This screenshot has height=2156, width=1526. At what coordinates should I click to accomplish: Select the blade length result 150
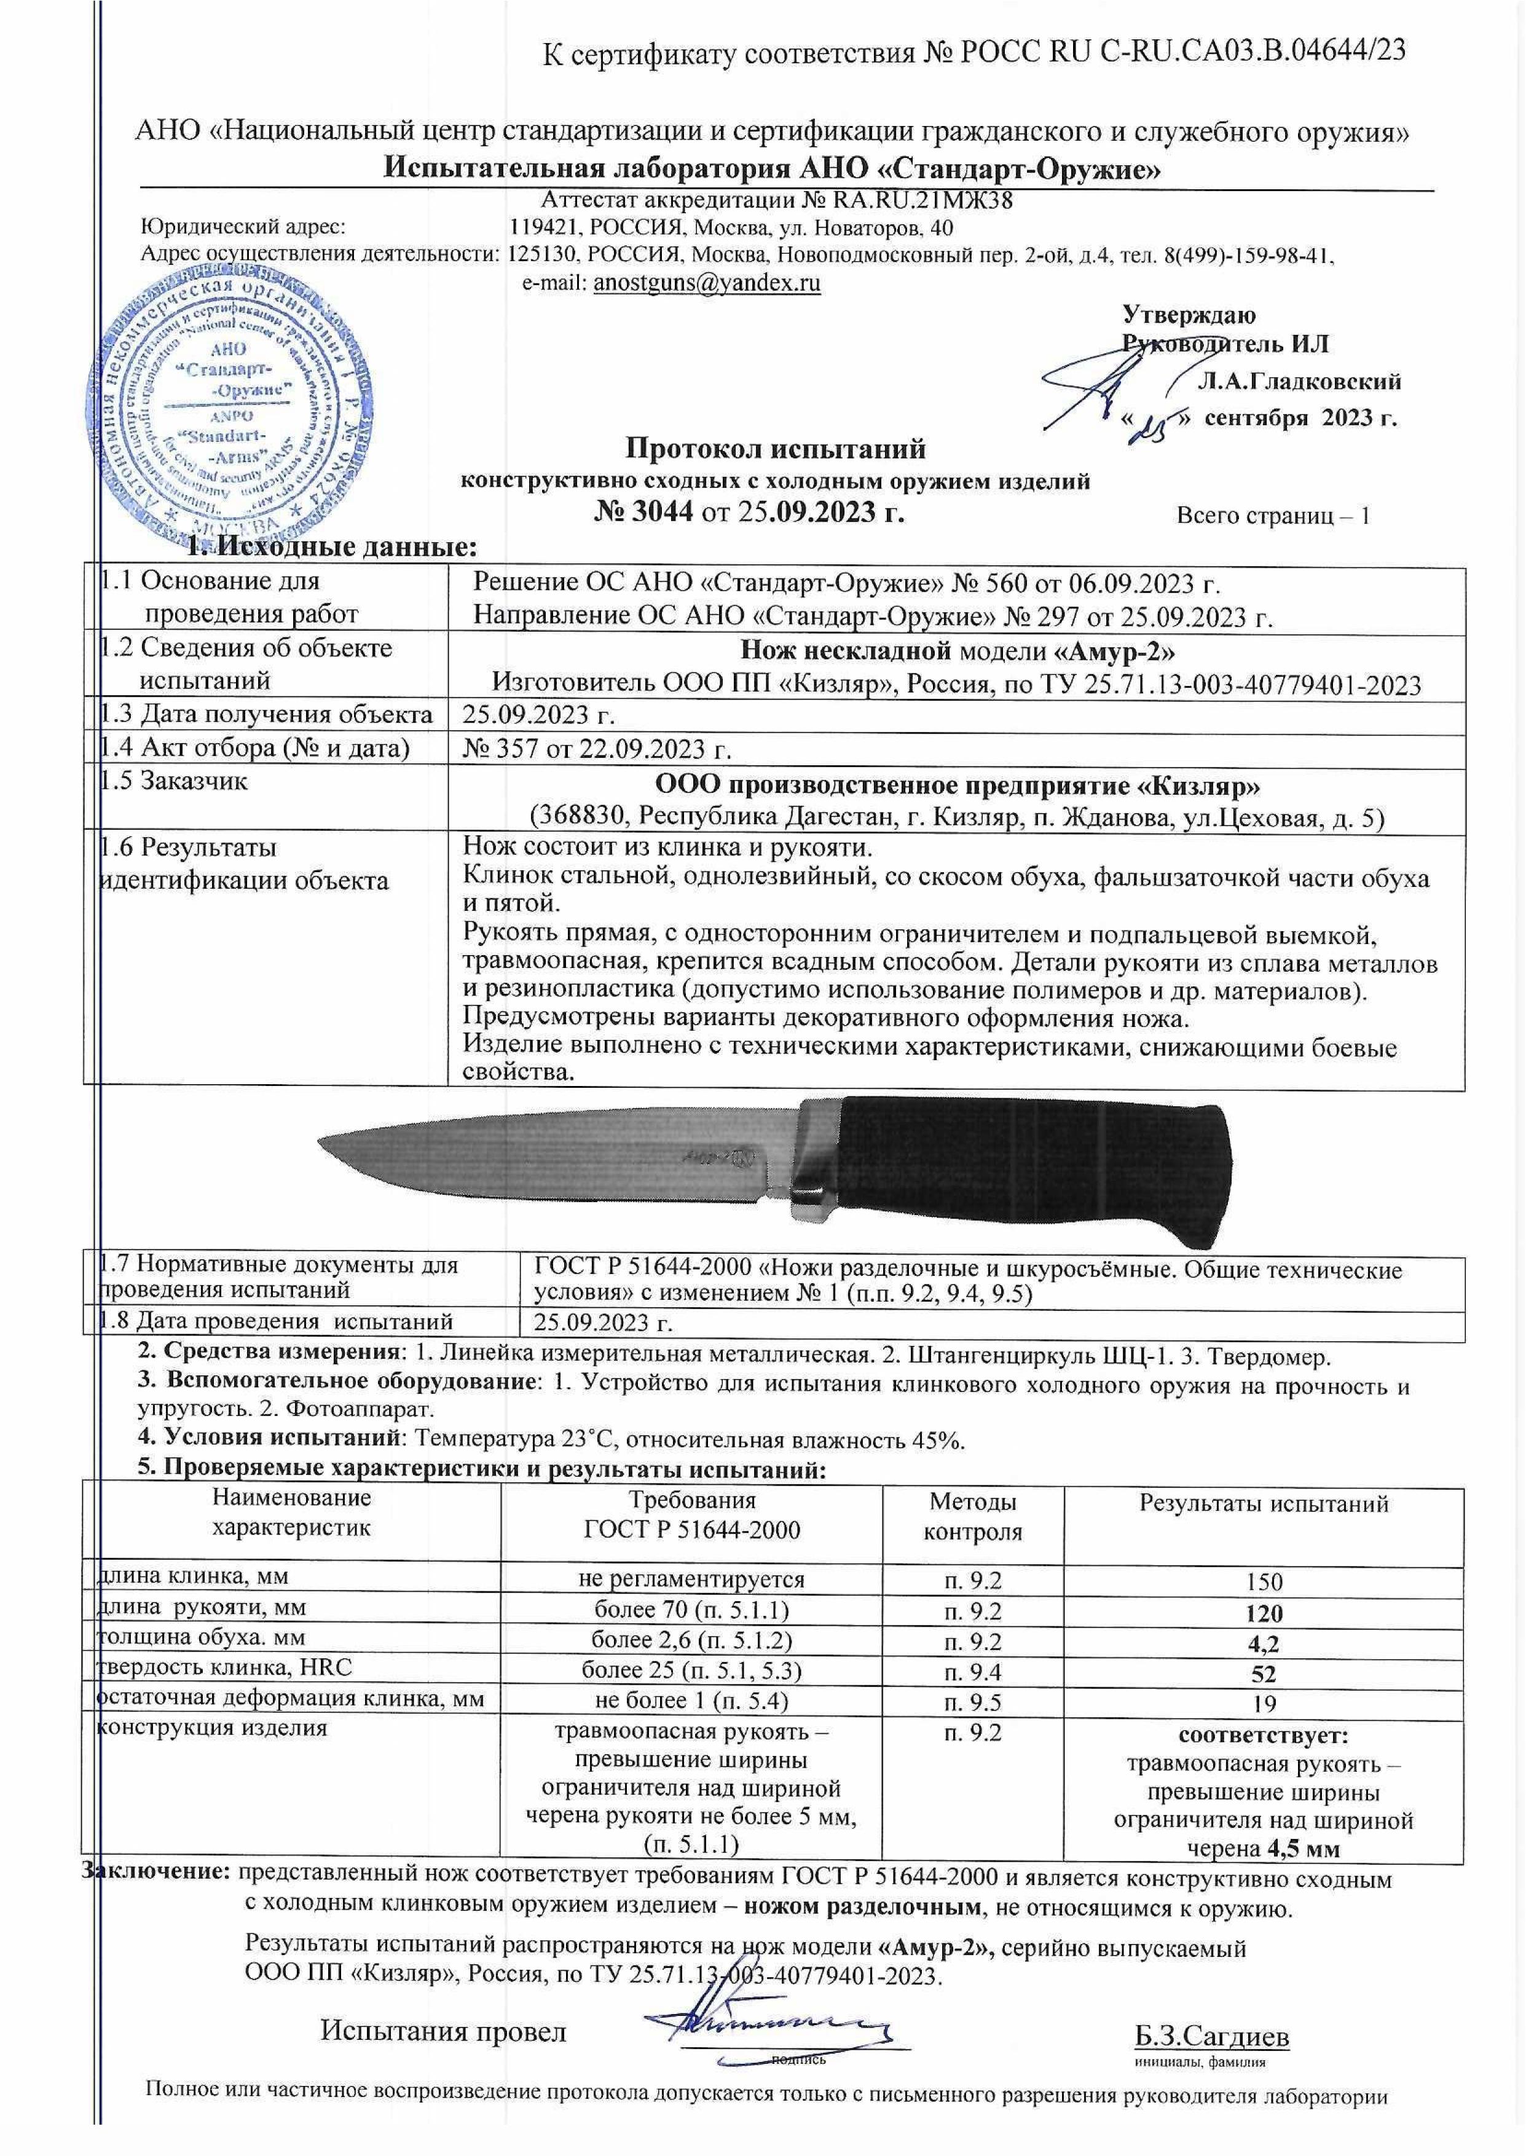(x=1263, y=1581)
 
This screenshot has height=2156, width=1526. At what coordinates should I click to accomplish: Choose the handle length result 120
(x=1263, y=1614)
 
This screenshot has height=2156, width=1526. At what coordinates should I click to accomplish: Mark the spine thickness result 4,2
(x=1263, y=1645)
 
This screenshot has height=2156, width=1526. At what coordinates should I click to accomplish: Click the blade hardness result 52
(x=1263, y=1675)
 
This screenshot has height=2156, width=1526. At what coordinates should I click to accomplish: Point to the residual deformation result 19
(x=1263, y=1704)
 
